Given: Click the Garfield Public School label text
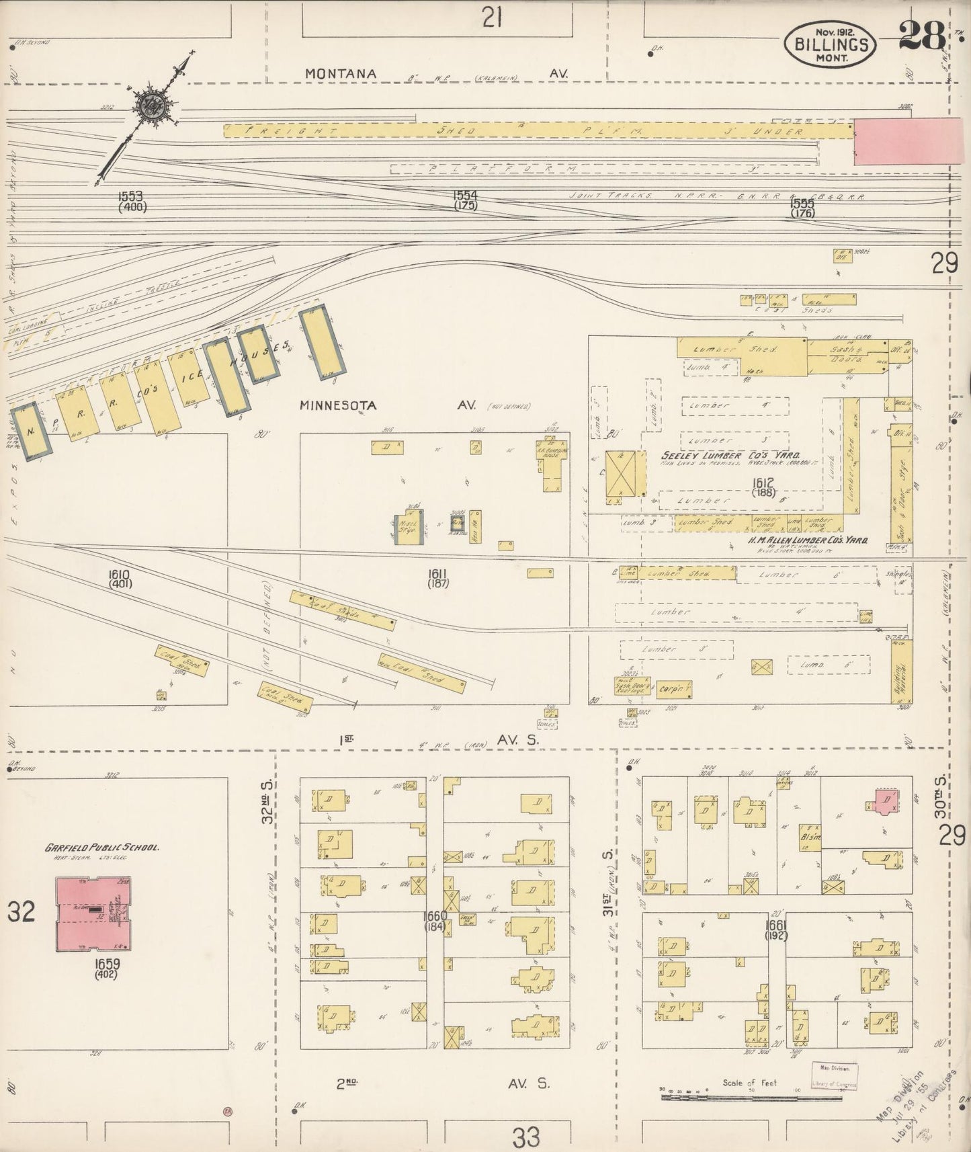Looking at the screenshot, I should (x=102, y=848).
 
